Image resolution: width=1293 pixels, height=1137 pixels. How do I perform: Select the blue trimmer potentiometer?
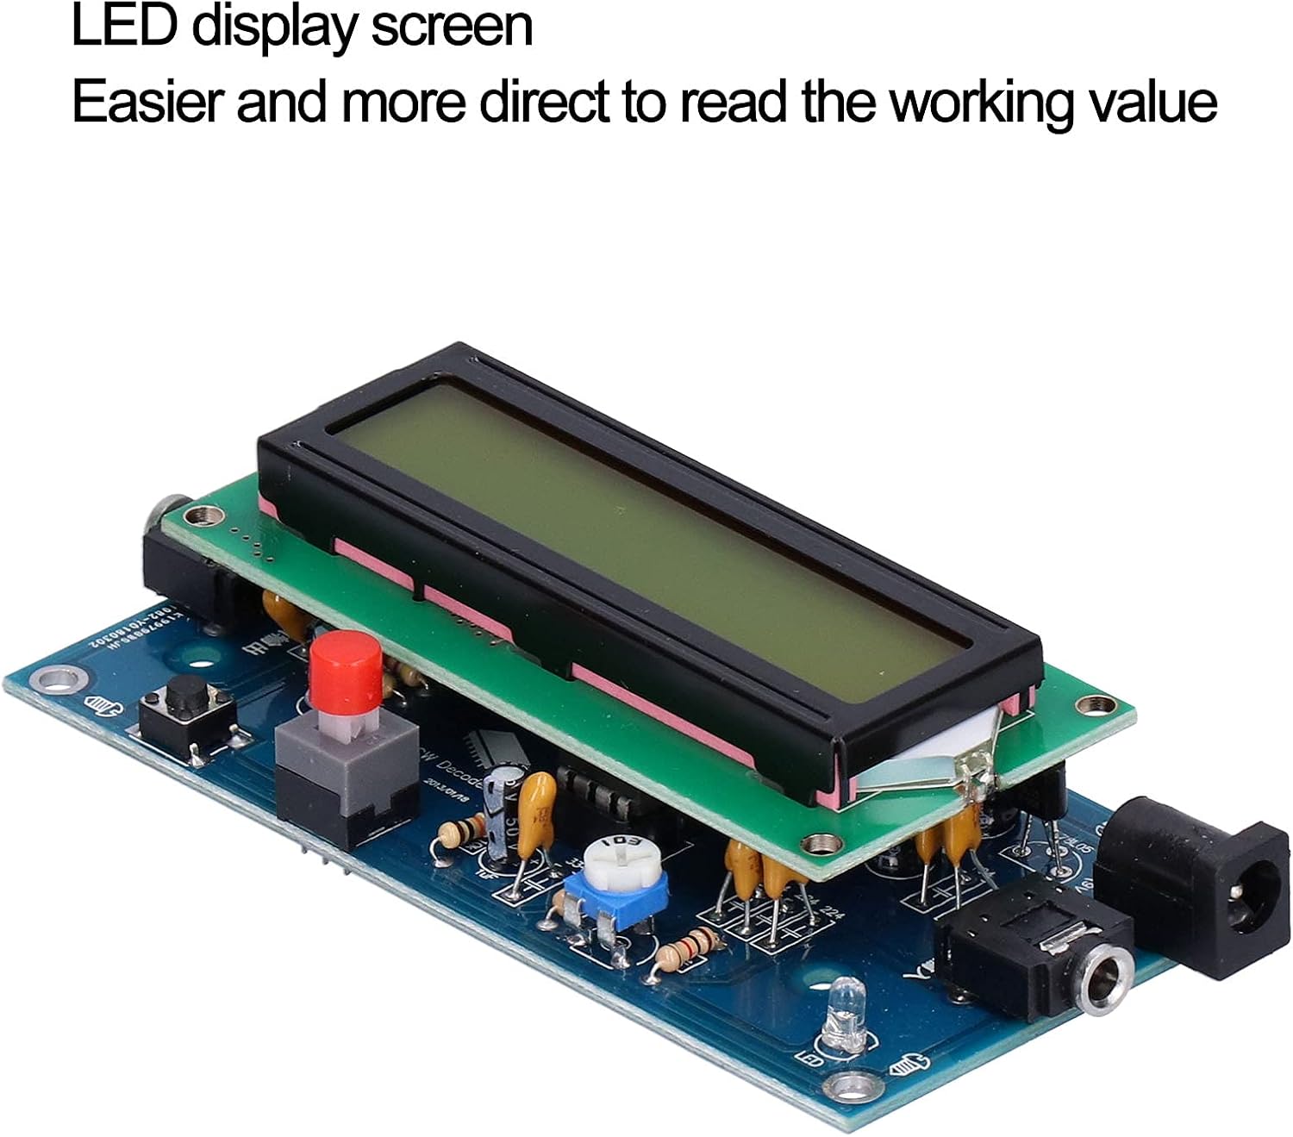pos(616,884)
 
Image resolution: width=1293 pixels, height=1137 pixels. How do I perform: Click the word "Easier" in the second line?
pos(147,103)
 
